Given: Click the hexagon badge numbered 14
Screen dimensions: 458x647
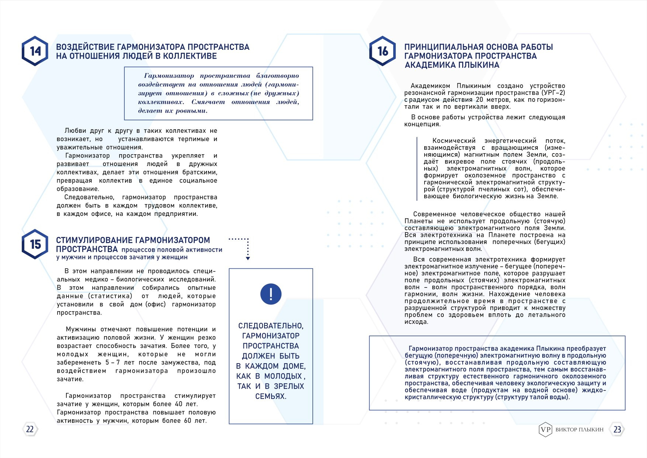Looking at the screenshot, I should tap(35, 51).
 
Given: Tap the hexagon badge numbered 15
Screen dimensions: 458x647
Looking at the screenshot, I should tap(35, 244).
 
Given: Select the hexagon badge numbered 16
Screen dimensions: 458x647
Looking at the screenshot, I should tap(383, 51).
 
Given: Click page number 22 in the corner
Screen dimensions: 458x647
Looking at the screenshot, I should tap(30, 429).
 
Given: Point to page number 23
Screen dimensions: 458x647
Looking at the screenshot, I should tap(617, 429).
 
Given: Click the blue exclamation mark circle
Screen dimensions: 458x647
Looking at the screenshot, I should tap(271, 294).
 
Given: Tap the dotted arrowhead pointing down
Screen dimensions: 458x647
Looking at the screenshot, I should tap(248, 258).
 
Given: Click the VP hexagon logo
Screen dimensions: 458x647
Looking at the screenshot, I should tap(545, 429).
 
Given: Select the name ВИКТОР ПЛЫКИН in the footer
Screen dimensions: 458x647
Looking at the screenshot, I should tap(579, 430).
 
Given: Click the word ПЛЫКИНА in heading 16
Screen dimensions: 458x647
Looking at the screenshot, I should tap(478, 65).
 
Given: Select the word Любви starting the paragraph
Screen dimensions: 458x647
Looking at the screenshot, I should tap(75, 131).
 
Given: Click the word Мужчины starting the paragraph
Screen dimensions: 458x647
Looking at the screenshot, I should tap(81, 329).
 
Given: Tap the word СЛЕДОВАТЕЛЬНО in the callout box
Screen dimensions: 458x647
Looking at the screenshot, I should tap(270, 326).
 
